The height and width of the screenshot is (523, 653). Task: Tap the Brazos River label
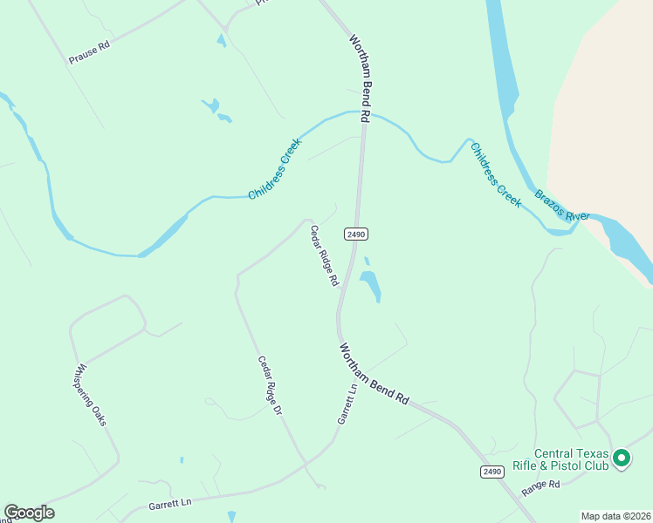[x=563, y=205]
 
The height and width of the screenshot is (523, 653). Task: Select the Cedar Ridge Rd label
[x=324, y=256]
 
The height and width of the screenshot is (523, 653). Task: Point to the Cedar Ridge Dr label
[x=271, y=384]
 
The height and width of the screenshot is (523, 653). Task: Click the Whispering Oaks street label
[x=91, y=394]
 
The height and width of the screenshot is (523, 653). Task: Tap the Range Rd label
[x=540, y=488]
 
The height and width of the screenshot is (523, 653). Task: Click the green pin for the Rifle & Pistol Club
[x=621, y=457]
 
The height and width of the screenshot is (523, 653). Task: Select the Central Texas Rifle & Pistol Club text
[x=572, y=459]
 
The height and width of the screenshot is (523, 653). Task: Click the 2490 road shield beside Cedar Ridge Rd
[x=355, y=234]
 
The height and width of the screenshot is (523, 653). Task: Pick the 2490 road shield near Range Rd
[x=492, y=472]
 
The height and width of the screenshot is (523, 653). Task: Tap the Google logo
[x=29, y=513]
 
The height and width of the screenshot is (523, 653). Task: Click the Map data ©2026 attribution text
[x=615, y=516]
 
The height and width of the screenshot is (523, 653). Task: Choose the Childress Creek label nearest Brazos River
[x=496, y=174]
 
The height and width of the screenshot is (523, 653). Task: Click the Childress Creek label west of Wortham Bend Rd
[x=274, y=168]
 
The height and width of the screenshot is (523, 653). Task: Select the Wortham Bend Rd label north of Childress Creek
[x=361, y=78]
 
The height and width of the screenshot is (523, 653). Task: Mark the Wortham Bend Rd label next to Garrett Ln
[x=374, y=373]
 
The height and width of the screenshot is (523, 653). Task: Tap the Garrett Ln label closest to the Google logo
[x=169, y=503]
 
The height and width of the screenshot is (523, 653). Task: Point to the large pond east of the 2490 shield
[x=370, y=284]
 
